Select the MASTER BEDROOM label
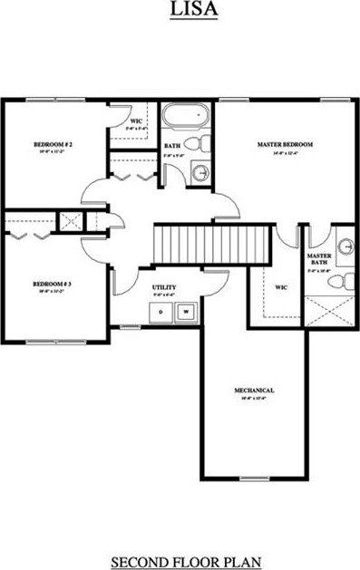click(285, 144)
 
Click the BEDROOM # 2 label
click(53, 144)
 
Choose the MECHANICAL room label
click(254, 391)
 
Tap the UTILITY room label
click(164, 288)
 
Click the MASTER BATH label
click(318, 259)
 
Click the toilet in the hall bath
click(204, 143)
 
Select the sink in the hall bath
click(201, 173)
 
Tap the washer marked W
click(186, 312)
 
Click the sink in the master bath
click(345, 246)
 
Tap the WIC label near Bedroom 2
click(135, 121)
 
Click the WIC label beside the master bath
click(281, 287)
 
